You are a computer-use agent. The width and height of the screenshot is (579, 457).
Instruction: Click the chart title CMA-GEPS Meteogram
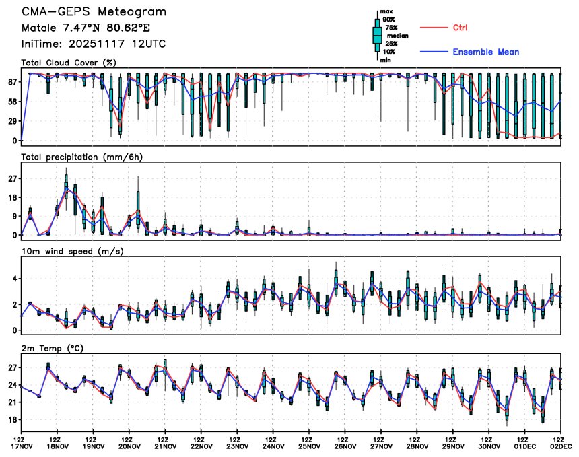coord(94,13)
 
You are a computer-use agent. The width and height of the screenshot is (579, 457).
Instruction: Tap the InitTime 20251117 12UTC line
coord(94,44)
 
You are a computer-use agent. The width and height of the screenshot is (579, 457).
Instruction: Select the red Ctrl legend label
coord(461,28)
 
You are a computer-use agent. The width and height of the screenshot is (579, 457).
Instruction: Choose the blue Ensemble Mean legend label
coord(485,52)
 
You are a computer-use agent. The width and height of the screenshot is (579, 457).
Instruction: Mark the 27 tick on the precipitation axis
coord(11,178)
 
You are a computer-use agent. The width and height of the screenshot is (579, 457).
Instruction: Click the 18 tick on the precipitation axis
coord(11,197)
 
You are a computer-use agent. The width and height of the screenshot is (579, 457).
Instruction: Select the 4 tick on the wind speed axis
coord(14,278)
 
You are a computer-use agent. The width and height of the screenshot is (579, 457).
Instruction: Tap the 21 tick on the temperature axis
coord(11,402)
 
